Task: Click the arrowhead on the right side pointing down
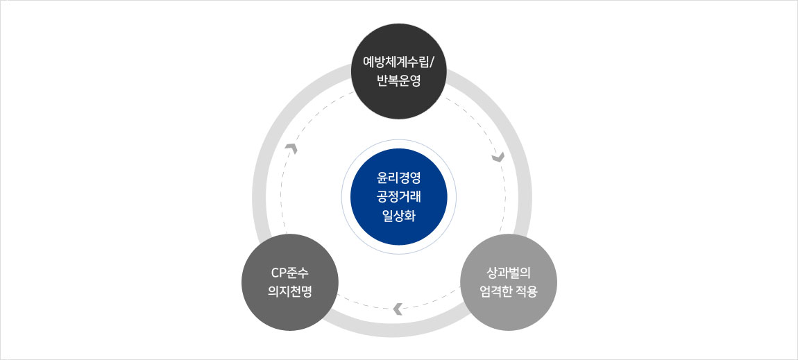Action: click(498, 158)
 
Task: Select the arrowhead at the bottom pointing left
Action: click(398, 309)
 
